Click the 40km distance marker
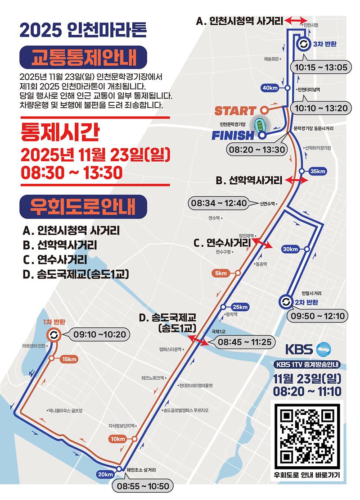271,88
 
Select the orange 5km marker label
221,273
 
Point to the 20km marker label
105,473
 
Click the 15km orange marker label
69,359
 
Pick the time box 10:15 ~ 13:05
320,68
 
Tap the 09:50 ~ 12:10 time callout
318,316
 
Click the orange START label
234,110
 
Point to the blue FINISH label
233,135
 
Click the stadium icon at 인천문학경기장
258,125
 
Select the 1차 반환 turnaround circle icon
54,335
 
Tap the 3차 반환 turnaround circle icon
303,44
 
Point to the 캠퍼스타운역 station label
170,349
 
